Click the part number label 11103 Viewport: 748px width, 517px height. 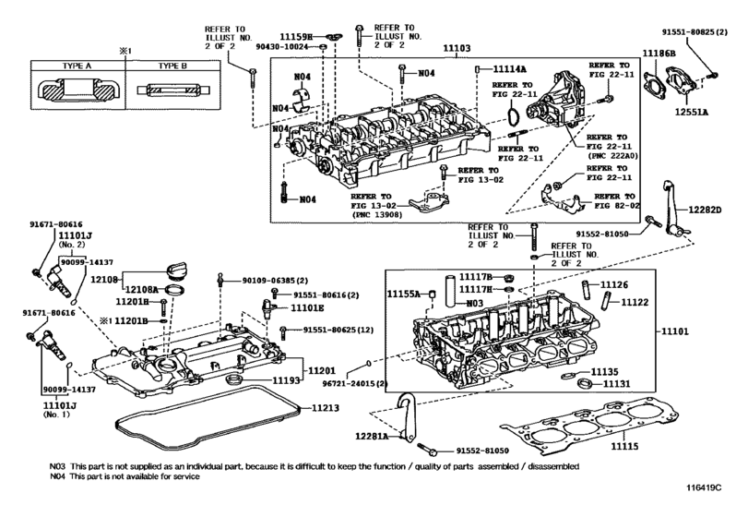pyautogui.click(x=457, y=46)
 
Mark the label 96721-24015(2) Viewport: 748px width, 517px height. pyautogui.click(x=356, y=382)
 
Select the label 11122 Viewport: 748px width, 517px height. pyautogui.click(x=634, y=301)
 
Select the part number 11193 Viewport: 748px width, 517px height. pyautogui.click(x=286, y=379)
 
